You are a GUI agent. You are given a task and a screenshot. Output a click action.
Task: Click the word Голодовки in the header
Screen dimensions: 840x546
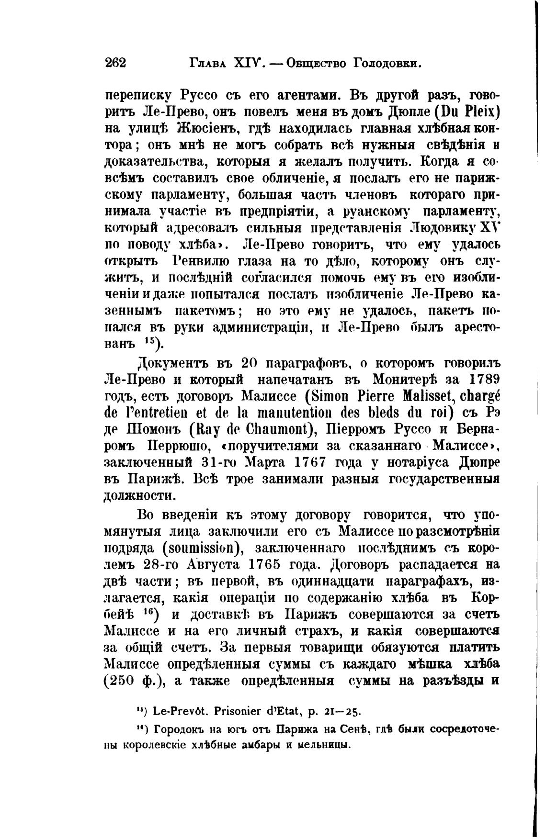click(x=387, y=63)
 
